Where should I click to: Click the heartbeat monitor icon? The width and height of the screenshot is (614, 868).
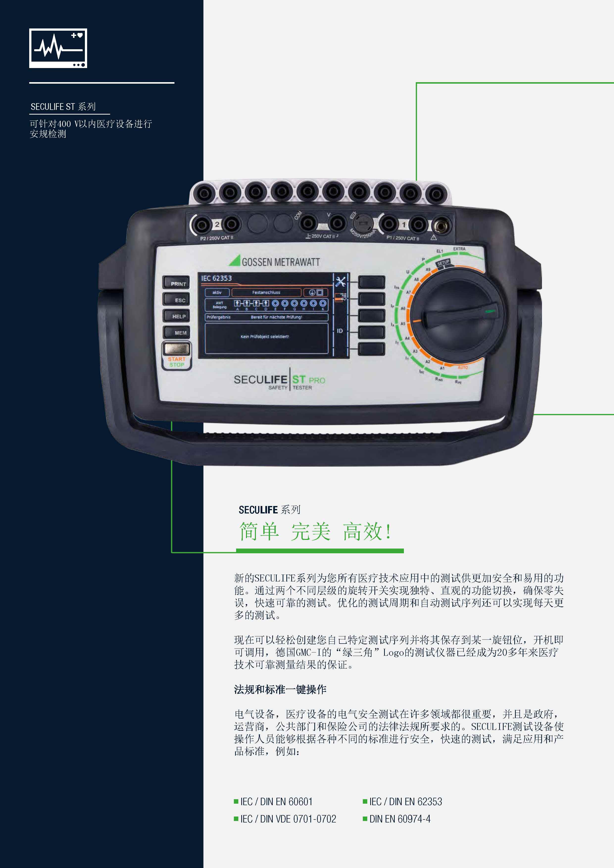[x=58, y=48]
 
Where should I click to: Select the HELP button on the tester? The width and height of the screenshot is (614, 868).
[x=176, y=316]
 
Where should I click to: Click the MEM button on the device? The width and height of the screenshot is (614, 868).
[x=176, y=332]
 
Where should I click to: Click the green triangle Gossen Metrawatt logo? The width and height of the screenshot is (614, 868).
[x=235, y=261]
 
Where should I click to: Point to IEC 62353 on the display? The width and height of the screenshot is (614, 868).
[x=216, y=278]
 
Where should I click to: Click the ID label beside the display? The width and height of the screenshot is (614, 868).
[x=340, y=331]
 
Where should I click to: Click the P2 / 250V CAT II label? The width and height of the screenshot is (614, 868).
[x=217, y=238]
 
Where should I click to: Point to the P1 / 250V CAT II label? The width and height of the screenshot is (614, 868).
[x=403, y=238]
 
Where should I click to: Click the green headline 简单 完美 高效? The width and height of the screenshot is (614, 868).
[x=315, y=531]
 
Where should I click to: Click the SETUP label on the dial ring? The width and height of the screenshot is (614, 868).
[x=443, y=263]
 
